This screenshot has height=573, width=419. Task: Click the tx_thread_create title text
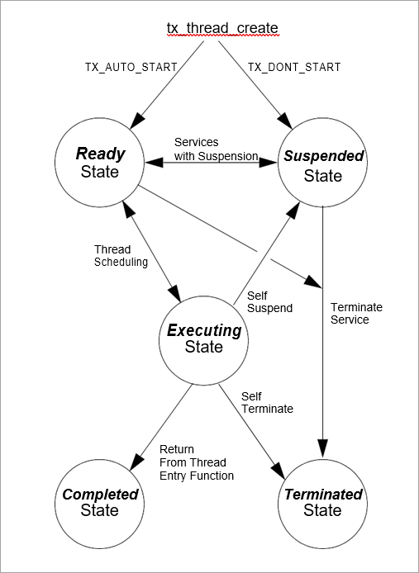(222, 28)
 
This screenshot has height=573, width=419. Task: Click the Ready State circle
(100, 163)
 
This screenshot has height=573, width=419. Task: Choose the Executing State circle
(204, 339)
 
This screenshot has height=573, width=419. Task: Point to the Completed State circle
(100, 502)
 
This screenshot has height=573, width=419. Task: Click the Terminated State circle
(322, 502)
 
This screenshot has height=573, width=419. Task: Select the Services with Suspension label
(216, 149)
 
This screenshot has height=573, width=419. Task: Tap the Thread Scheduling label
(121, 256)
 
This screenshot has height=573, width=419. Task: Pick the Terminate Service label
(356, 313)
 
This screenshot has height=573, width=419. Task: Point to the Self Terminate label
(267, 402)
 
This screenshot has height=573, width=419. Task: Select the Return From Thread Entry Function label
(196, 463)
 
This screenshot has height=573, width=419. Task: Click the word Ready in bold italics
(101, 154)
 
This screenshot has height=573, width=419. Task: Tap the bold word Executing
(204, 330)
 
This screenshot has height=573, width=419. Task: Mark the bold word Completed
(100, 495)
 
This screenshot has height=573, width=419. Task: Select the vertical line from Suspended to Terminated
(322, 330)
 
